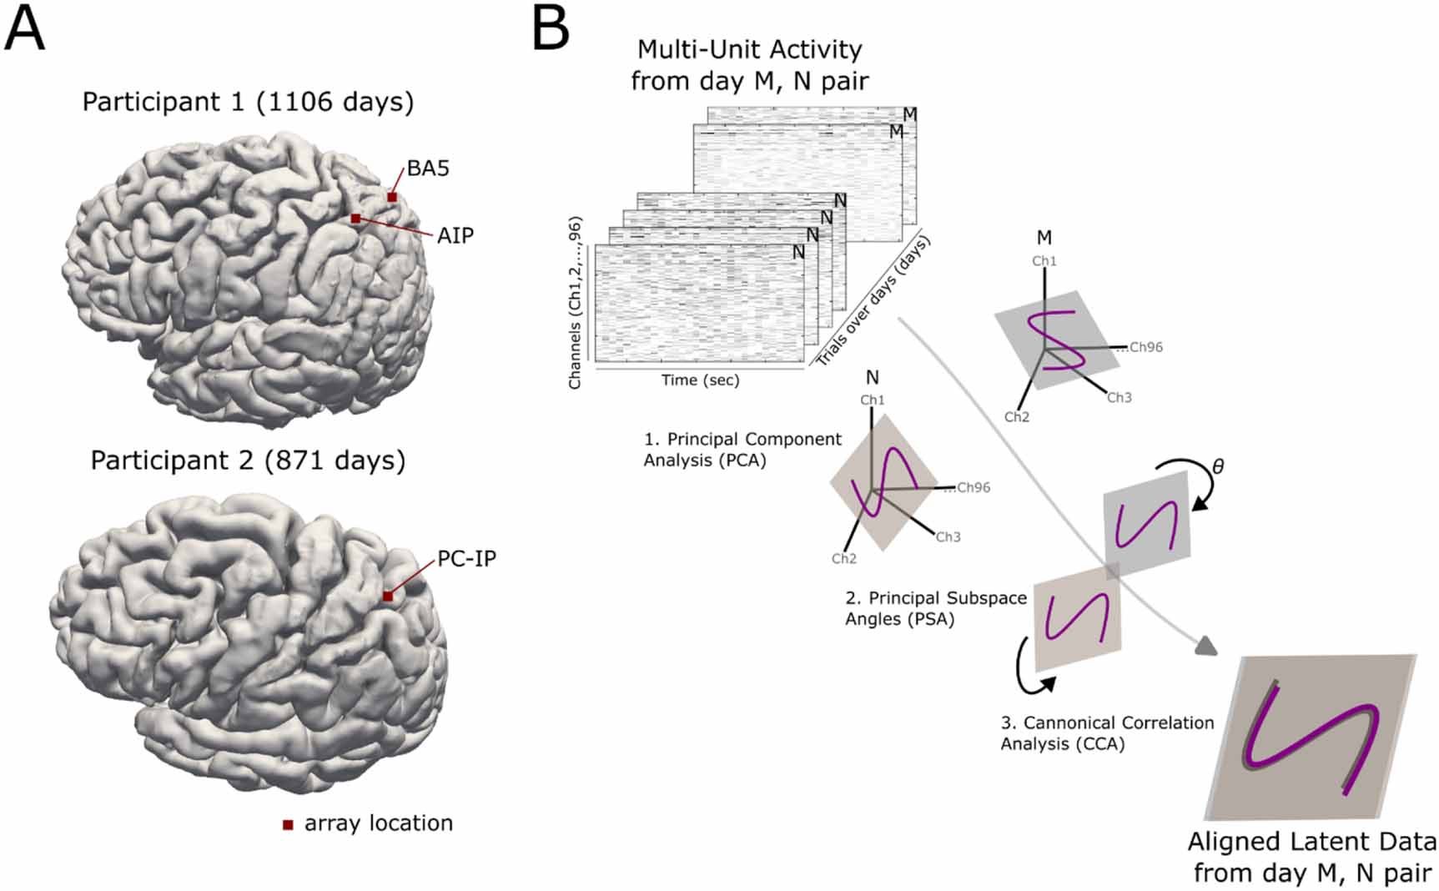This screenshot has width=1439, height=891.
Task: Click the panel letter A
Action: pyautogui.click(x=24, y=28)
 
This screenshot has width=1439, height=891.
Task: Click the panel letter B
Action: pyautogui.click(x=551, y=28)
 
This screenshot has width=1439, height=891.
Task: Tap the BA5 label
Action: pyautogui.click(x=428, y=169)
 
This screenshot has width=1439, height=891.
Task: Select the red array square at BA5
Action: pyautogui.click(x=392, y=197)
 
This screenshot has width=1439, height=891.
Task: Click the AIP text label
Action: pyautogui.click(x=455, y=236)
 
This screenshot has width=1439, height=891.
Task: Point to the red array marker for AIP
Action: pyautogui.click(x=355, y=219)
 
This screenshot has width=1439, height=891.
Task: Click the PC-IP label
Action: pyautogui.click(x=466, y=559)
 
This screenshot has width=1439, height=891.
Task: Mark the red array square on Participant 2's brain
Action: pyautogui.click(x=388, y=596)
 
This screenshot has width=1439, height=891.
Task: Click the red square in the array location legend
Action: pyautogui.click(x=288, y=825)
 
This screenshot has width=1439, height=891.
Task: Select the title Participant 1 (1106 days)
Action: pyautogui.click(x=248, y=102)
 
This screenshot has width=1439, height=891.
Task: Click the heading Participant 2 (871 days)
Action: pyautogui.click(x=248, y=461)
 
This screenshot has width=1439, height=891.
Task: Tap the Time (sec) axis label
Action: pyautogui.click(x=700, y=380)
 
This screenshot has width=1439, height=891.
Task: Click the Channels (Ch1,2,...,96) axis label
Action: pyautogui.click(x=575, y=303)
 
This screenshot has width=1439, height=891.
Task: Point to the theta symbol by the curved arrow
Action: pyautogui.click(x=1218, y=466)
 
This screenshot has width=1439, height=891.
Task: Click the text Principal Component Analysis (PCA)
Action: pyautogui.click(x=742, y=450)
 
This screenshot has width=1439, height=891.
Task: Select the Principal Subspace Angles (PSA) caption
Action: pyautogui.click(x=934, y=608)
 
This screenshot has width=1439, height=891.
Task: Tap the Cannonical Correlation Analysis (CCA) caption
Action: pyautogui.click(x=1106, y=733)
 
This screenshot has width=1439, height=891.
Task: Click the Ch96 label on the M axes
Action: pyautogui.click(x=1145, y=347)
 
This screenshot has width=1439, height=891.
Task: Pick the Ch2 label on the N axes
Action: pyautogui.click(x=843, y=559)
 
